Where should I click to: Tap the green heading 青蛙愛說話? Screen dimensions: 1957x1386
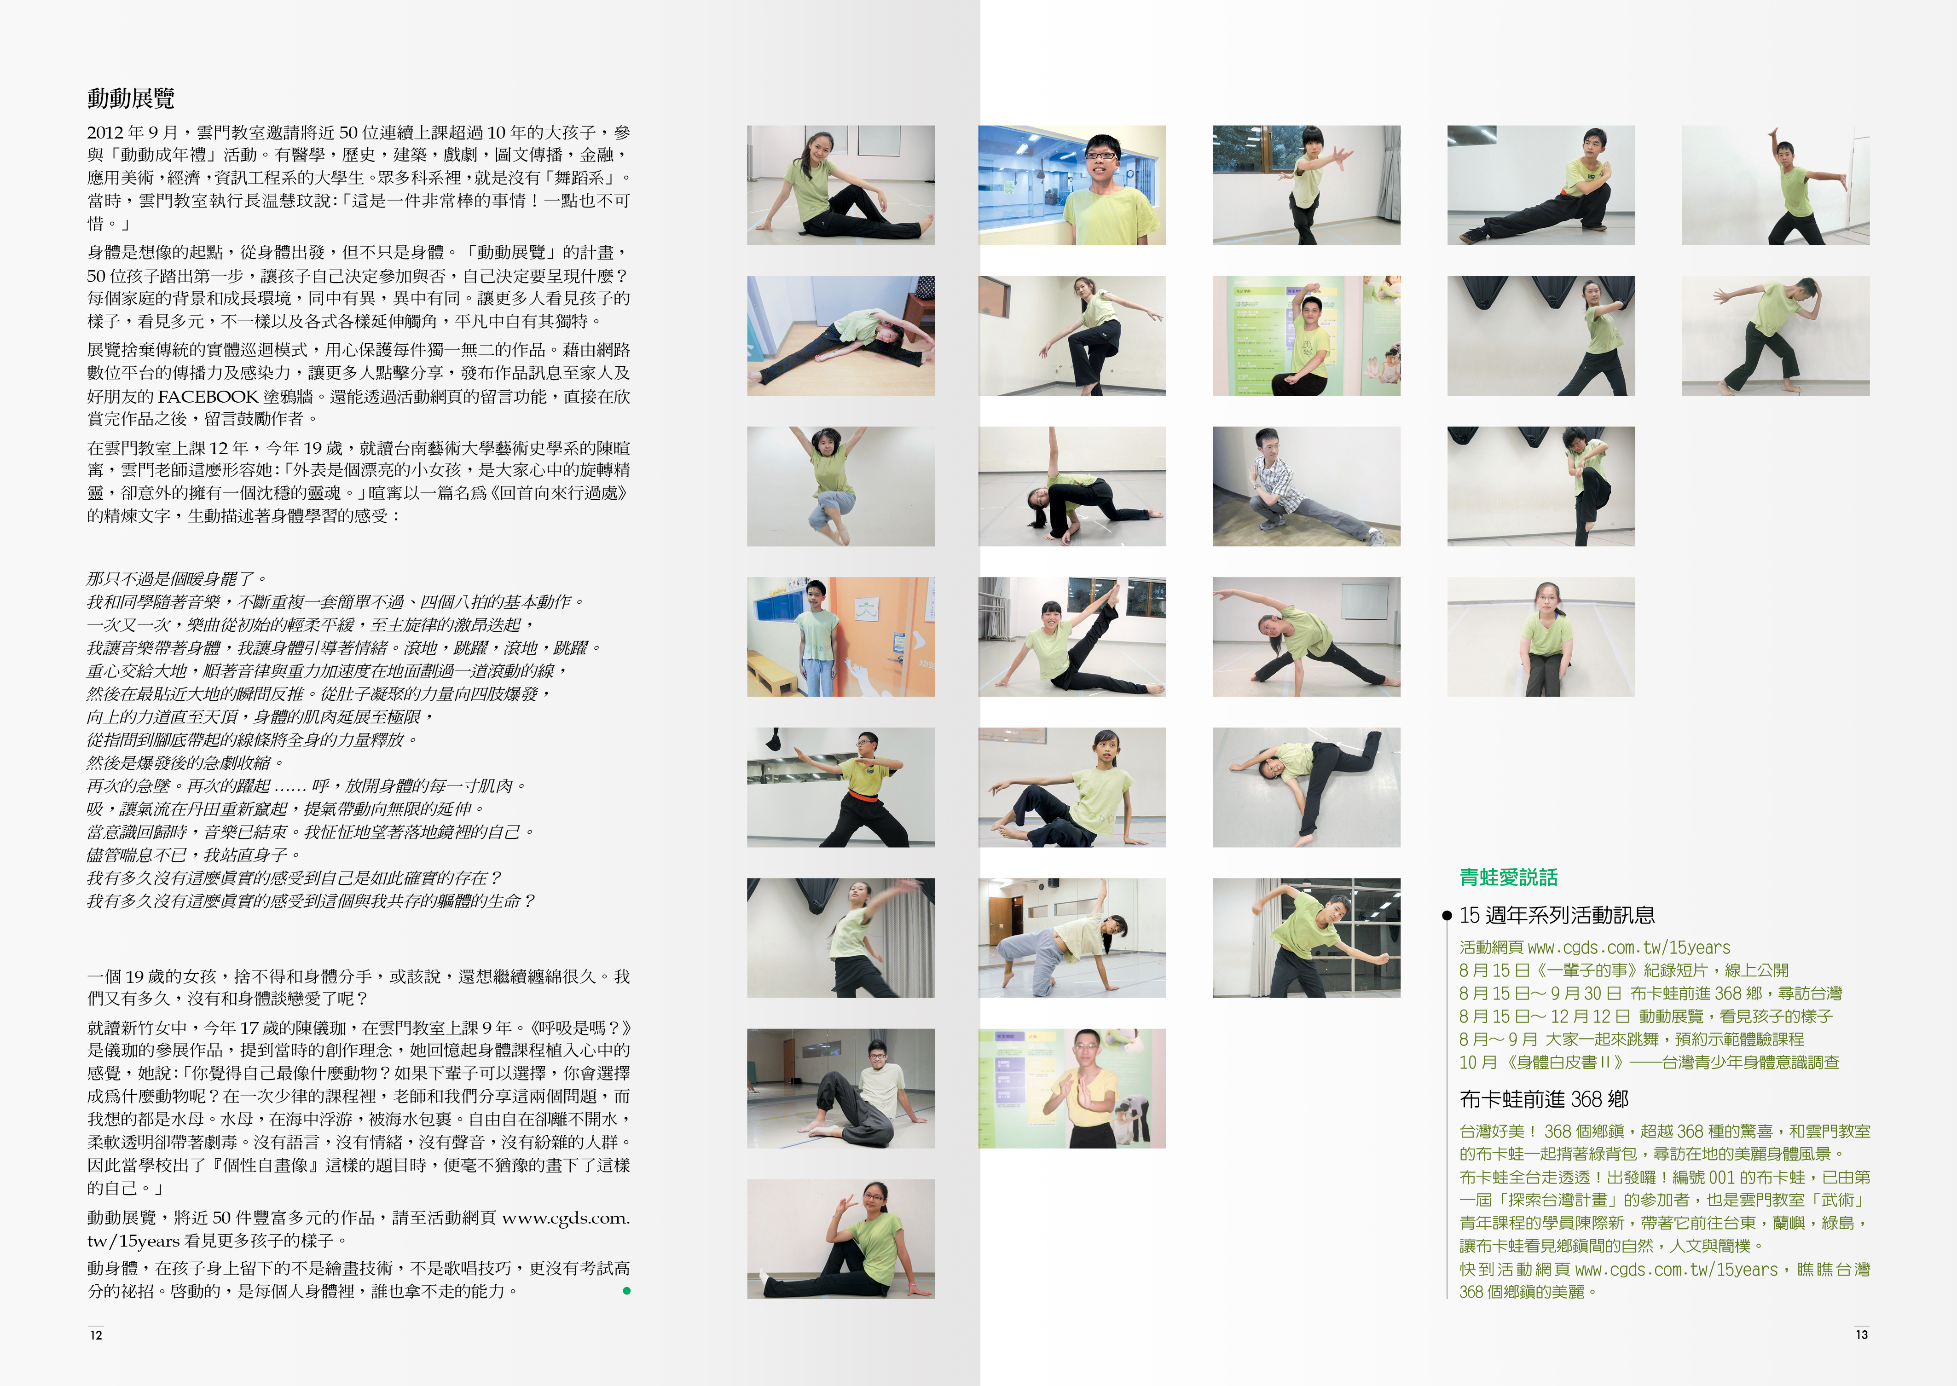1508,878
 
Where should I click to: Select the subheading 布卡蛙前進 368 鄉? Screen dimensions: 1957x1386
1544,1099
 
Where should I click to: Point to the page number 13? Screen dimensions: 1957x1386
1861,1335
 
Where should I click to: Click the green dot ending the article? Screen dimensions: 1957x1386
626,1291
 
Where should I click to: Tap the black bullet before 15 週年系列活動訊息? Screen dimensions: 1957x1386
1447,916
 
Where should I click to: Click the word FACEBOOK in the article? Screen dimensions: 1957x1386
208,397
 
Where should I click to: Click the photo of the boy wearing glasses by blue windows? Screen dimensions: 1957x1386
1072,185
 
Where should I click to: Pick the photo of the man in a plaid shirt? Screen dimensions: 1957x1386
1307,486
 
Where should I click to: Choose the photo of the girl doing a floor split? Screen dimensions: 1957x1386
841,335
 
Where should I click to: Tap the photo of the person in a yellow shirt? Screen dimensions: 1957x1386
1072,1088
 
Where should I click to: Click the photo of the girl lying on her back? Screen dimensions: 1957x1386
1307,787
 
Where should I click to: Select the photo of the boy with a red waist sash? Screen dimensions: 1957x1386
841,787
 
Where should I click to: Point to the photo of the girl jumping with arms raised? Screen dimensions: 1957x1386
841,486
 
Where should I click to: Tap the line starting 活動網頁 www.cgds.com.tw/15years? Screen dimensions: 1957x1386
1594,947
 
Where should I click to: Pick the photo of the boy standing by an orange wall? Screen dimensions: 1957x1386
841,637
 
